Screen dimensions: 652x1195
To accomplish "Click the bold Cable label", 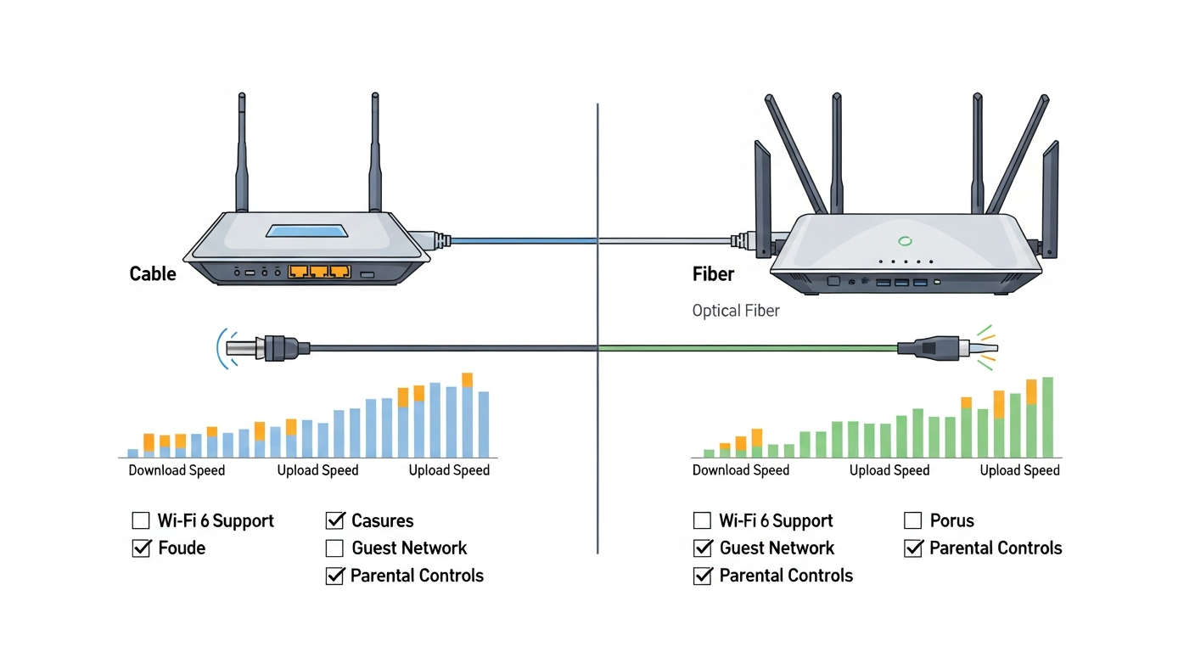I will pyautogui.click(x=153, y=274).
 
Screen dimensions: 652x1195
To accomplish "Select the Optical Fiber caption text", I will pyautogui.click(x=736, y=311).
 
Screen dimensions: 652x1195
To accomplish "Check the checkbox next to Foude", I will pyautogui.click(x=141, y=548).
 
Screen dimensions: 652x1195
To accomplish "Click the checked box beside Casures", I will pyautogui.click(x=334, y=520).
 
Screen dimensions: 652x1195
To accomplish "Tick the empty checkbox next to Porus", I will pyautogui.click(x=912, y=520).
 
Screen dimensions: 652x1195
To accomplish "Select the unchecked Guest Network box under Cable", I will pyautogui.click(x=334, y=548).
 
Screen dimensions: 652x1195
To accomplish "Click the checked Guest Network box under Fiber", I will pyautogui.click(x=702, y=548).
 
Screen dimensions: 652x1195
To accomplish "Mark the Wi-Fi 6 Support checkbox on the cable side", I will pyautogui.click(x=141, y=520).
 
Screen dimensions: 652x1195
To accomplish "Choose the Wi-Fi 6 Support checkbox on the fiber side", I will pyautogui.click(x=702, y=520).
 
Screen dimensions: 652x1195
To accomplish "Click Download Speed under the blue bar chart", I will pyautogui.click(x=177, y=470).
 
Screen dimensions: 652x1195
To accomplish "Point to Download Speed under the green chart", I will pyautogui.click(x=741, y=470).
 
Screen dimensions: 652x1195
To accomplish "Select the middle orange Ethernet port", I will pyautogui.click(x=319, y=272).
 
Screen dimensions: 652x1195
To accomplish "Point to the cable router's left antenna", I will pyautogui.click(x=241, y=153).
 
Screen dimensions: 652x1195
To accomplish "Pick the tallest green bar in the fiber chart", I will pyautogui.click(x=1047, y=418).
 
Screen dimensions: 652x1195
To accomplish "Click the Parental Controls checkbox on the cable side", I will pyautogui.click(x=334, y=576).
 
